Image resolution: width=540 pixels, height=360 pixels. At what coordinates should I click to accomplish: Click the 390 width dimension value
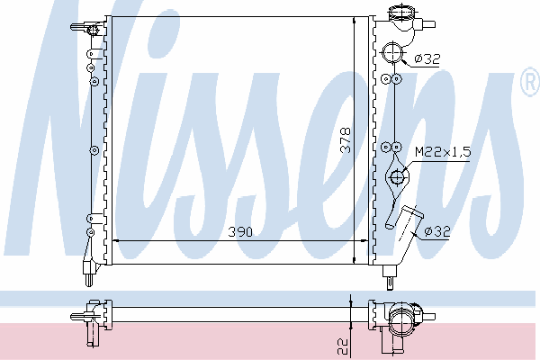240,232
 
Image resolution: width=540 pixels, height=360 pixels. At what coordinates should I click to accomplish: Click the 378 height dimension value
345,140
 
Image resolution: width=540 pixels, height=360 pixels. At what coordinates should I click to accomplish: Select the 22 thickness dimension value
343,346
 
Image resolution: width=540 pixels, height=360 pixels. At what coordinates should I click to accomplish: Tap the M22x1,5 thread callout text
443,151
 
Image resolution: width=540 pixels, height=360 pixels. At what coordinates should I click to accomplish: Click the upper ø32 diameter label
427,58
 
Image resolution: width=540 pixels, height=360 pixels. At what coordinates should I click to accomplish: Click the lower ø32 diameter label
437,231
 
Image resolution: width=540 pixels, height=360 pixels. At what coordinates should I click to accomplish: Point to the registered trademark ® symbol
531,82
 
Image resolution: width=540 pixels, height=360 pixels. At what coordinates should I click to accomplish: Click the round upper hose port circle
392,52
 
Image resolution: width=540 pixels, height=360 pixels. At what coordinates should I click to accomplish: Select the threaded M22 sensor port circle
396,178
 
